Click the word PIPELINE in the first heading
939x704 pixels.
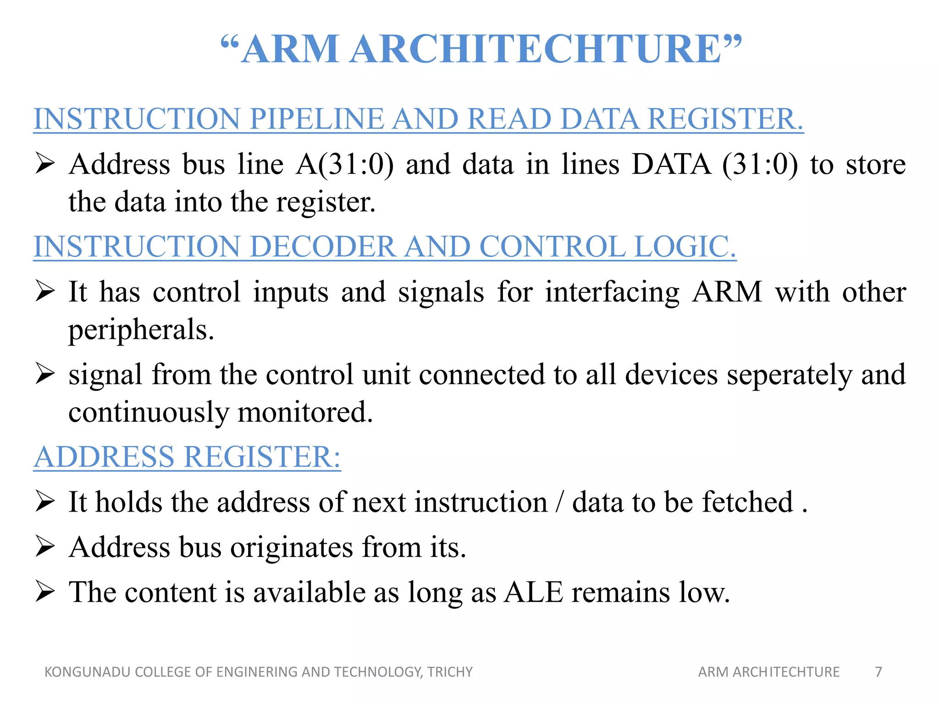coord(317,119)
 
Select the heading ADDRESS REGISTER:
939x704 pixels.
coord(187,457)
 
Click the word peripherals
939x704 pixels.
coord(141,330)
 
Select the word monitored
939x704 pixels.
coord(305,412)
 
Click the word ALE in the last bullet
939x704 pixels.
coord(533,592)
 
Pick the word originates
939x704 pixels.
coord(292,547)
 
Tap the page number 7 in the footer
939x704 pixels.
coord(878,672)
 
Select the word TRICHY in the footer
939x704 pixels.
coord(450,672)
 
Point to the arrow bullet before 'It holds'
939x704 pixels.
coord(45,501)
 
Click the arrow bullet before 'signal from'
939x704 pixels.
coord(45,374)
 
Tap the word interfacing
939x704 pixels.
coord(612,292)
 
